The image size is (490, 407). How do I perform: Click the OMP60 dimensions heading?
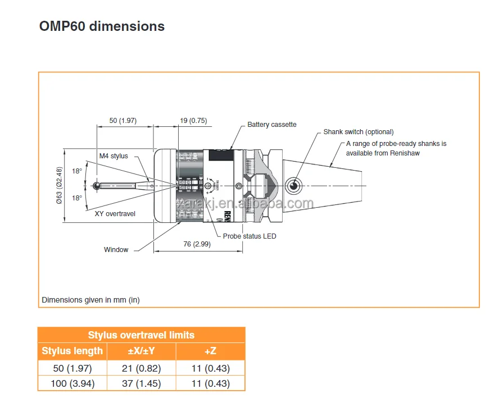click(x=102, y=26)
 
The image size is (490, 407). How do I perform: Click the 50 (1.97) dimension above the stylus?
click(x=123, y=121)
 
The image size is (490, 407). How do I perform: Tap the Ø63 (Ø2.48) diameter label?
click(x=59, y=186)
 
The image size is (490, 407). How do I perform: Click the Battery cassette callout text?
click(x=272, y=125)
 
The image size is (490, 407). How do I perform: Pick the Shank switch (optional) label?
click(x=359, y=132)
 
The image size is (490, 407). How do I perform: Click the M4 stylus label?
click(x=114, y=156)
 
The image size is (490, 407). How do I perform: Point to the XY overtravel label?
click(x=115, y=214)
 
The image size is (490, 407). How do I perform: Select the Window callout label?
click(x=116, y=250)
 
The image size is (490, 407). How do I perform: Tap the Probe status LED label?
click(x=249, y=236)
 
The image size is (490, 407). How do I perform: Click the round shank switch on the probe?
click(x=293, y=186)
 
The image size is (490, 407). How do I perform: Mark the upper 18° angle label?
click(x=77, y=171)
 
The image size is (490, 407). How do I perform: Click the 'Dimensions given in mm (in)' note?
click(x=90, y=300)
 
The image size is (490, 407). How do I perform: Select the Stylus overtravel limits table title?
click(x=141, y=335)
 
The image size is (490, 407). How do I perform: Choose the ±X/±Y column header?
click(x=142, y=351)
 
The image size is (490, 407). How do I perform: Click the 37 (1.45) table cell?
click(x=142, y=384)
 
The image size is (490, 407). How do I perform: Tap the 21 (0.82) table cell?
click(x=142, y=368)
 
